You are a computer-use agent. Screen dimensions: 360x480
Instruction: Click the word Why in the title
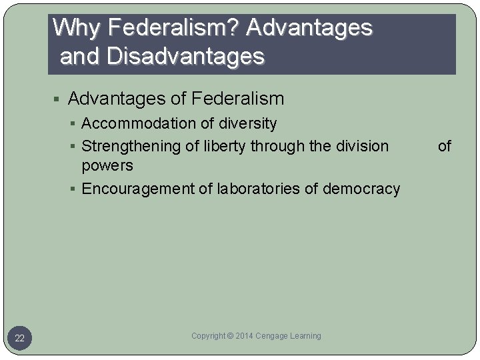click(74, 28)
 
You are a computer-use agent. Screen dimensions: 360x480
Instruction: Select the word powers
click(107, 165)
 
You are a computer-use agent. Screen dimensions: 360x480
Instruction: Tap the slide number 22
click(19, 339)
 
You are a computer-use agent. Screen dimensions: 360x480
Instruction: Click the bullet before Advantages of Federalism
click(58, 100)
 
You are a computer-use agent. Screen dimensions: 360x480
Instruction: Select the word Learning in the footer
click(306, 336)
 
